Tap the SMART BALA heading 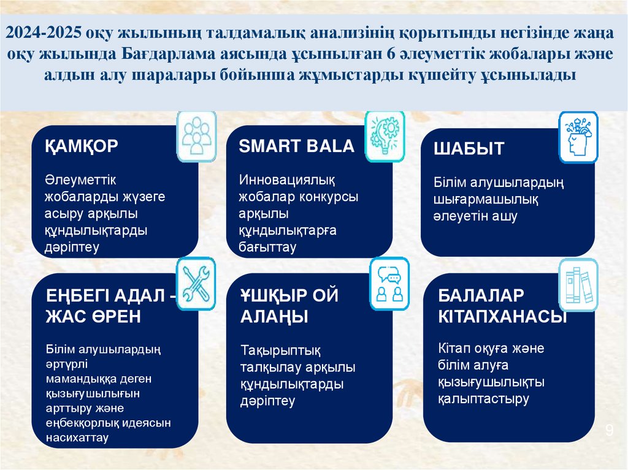click(x=296, y=146)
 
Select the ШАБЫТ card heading click(x=469, y=149)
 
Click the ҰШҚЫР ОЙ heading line click(x=289, y=295)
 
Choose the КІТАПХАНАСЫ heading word click(x=502, y=317)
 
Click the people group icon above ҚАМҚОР click(x=197, y=136)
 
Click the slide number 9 click(x=609, y=430)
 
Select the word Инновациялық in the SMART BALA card click(x=287, y=180)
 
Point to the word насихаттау click(x=77, y=438)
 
